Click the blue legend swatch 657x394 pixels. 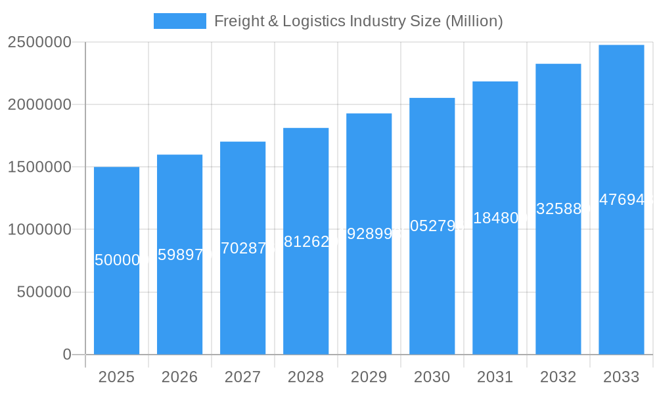point(179,21)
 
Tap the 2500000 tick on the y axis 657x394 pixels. point(39,42)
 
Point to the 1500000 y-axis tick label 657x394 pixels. point(39,167)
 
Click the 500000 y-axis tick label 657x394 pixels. point(44,292)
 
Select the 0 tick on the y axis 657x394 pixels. point(67,355)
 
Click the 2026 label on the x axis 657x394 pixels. point(179,377)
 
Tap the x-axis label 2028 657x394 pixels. point(306,377)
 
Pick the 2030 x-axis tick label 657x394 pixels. point(432,377)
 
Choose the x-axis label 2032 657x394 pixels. point(558,377)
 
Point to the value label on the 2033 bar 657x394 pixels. point(622,200)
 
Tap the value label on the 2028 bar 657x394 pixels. point(306,242)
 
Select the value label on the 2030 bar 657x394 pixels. point(432,226)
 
